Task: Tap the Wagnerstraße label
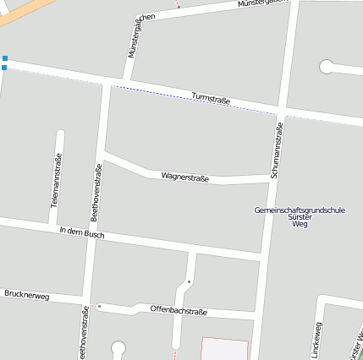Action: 184,177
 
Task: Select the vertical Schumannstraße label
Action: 277,150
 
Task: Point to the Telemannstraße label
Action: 56,180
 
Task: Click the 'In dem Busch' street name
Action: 82,232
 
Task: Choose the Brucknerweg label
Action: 27,296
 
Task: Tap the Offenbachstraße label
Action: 179,310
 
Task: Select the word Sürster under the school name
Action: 300,217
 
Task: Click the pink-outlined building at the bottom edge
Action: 224,349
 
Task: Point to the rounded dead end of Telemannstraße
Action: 59,134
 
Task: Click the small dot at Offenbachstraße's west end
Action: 99,306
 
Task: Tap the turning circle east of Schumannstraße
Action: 326,66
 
